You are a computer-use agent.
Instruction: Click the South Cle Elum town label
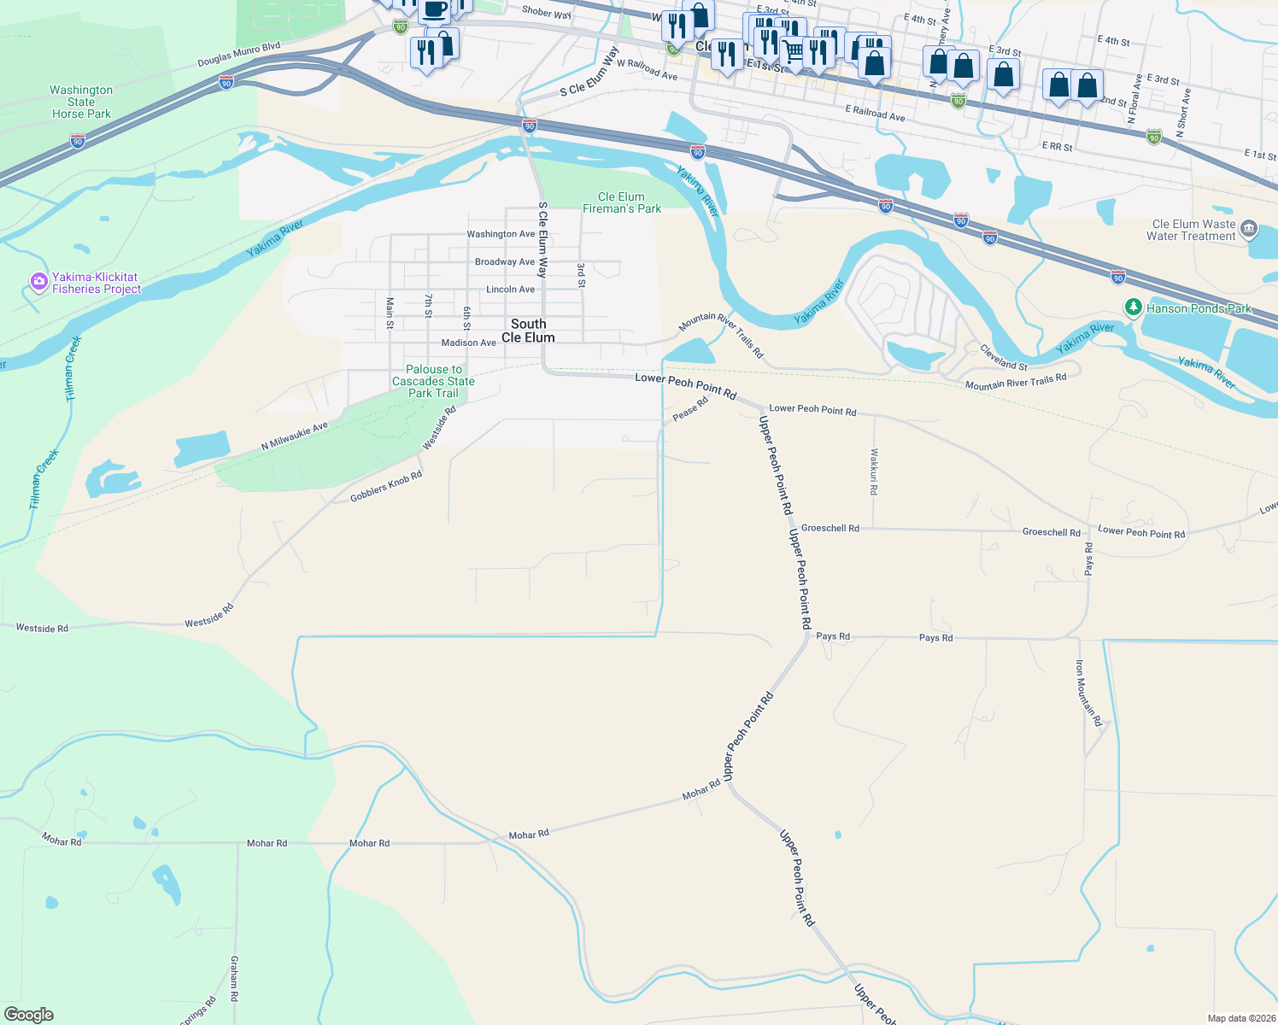coord(528,331)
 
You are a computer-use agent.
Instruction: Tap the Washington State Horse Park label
coord(81,102)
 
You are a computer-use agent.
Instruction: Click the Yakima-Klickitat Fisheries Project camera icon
coord(38,282)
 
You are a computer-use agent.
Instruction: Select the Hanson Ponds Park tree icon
coord(1133,307)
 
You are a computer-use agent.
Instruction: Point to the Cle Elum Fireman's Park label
coord(622,202)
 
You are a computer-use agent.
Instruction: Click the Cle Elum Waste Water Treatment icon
coord(1249,228)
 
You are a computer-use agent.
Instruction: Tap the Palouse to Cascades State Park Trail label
coord(433,381)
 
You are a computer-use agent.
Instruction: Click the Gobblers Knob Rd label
coord(386,487)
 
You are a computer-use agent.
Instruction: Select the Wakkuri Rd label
coord(874,472)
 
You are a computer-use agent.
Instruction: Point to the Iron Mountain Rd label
coord(1089,693)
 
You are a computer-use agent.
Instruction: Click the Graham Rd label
coord(234,978)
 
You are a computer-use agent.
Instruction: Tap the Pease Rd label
coord(690,408)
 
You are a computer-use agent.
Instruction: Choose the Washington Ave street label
coord(501,234)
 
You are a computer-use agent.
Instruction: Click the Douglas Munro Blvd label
coord(239,55)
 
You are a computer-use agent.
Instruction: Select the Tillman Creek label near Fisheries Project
coord(73,368)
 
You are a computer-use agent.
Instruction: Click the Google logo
coord(29,1015)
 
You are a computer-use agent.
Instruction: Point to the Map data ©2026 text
coord(1241,1018)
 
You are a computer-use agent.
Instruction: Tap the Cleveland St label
coord(1004,357)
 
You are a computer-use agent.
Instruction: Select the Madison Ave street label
coord(468,343)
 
